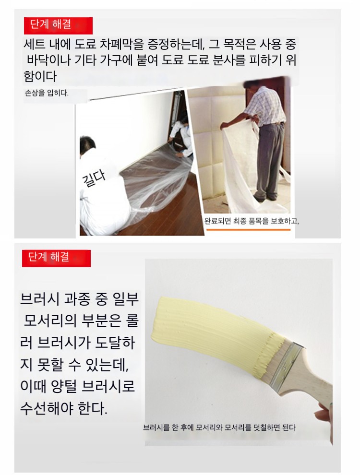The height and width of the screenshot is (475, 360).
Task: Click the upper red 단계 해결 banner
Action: click(58, 25)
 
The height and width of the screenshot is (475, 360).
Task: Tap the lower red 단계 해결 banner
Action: click(56, 259)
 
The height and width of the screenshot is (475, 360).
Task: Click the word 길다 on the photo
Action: click(94, 178)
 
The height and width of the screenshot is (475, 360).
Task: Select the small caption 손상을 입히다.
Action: click(47, 93)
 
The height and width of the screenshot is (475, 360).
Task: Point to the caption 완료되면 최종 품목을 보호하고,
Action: click(252, 221)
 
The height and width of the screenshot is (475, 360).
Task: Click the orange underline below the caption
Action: click(248, 230)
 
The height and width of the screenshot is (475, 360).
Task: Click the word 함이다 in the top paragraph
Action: click(40, 76)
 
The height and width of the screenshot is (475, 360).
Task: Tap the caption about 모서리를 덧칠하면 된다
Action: click(219, 428)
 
